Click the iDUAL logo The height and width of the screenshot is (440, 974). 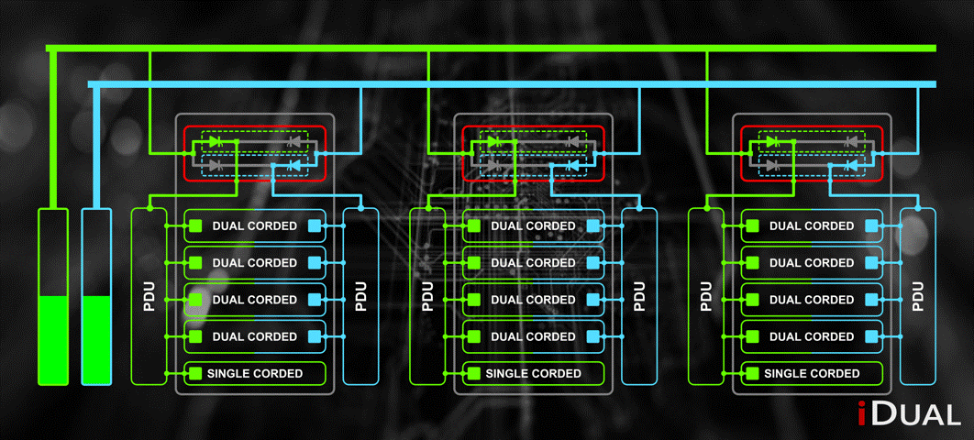point(909,414)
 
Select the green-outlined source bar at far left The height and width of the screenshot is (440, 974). point(52,296)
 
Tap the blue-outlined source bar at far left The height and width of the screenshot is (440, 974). point(96,296)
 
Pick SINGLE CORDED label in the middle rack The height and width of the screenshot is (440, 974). point(533,374)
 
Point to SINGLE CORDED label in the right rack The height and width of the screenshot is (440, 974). point(812,374)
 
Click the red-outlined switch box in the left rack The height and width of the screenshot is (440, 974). point(255,153)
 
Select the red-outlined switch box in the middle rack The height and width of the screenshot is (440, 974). point(533,153)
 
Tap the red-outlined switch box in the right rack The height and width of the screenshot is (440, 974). point(812,153)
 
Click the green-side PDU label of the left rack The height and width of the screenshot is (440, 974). point(149,296)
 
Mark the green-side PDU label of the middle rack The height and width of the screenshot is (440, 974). point(426,296)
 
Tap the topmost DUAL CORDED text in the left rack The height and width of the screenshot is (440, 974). point(254,226)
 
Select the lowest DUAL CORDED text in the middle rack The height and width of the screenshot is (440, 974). point(533,336)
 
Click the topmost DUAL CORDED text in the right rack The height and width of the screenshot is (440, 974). point(812,226)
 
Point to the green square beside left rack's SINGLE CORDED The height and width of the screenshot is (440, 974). point(195,374)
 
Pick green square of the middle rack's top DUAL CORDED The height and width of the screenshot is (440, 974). point(474,226)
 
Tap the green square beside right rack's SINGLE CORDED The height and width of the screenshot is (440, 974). point(752,374)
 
